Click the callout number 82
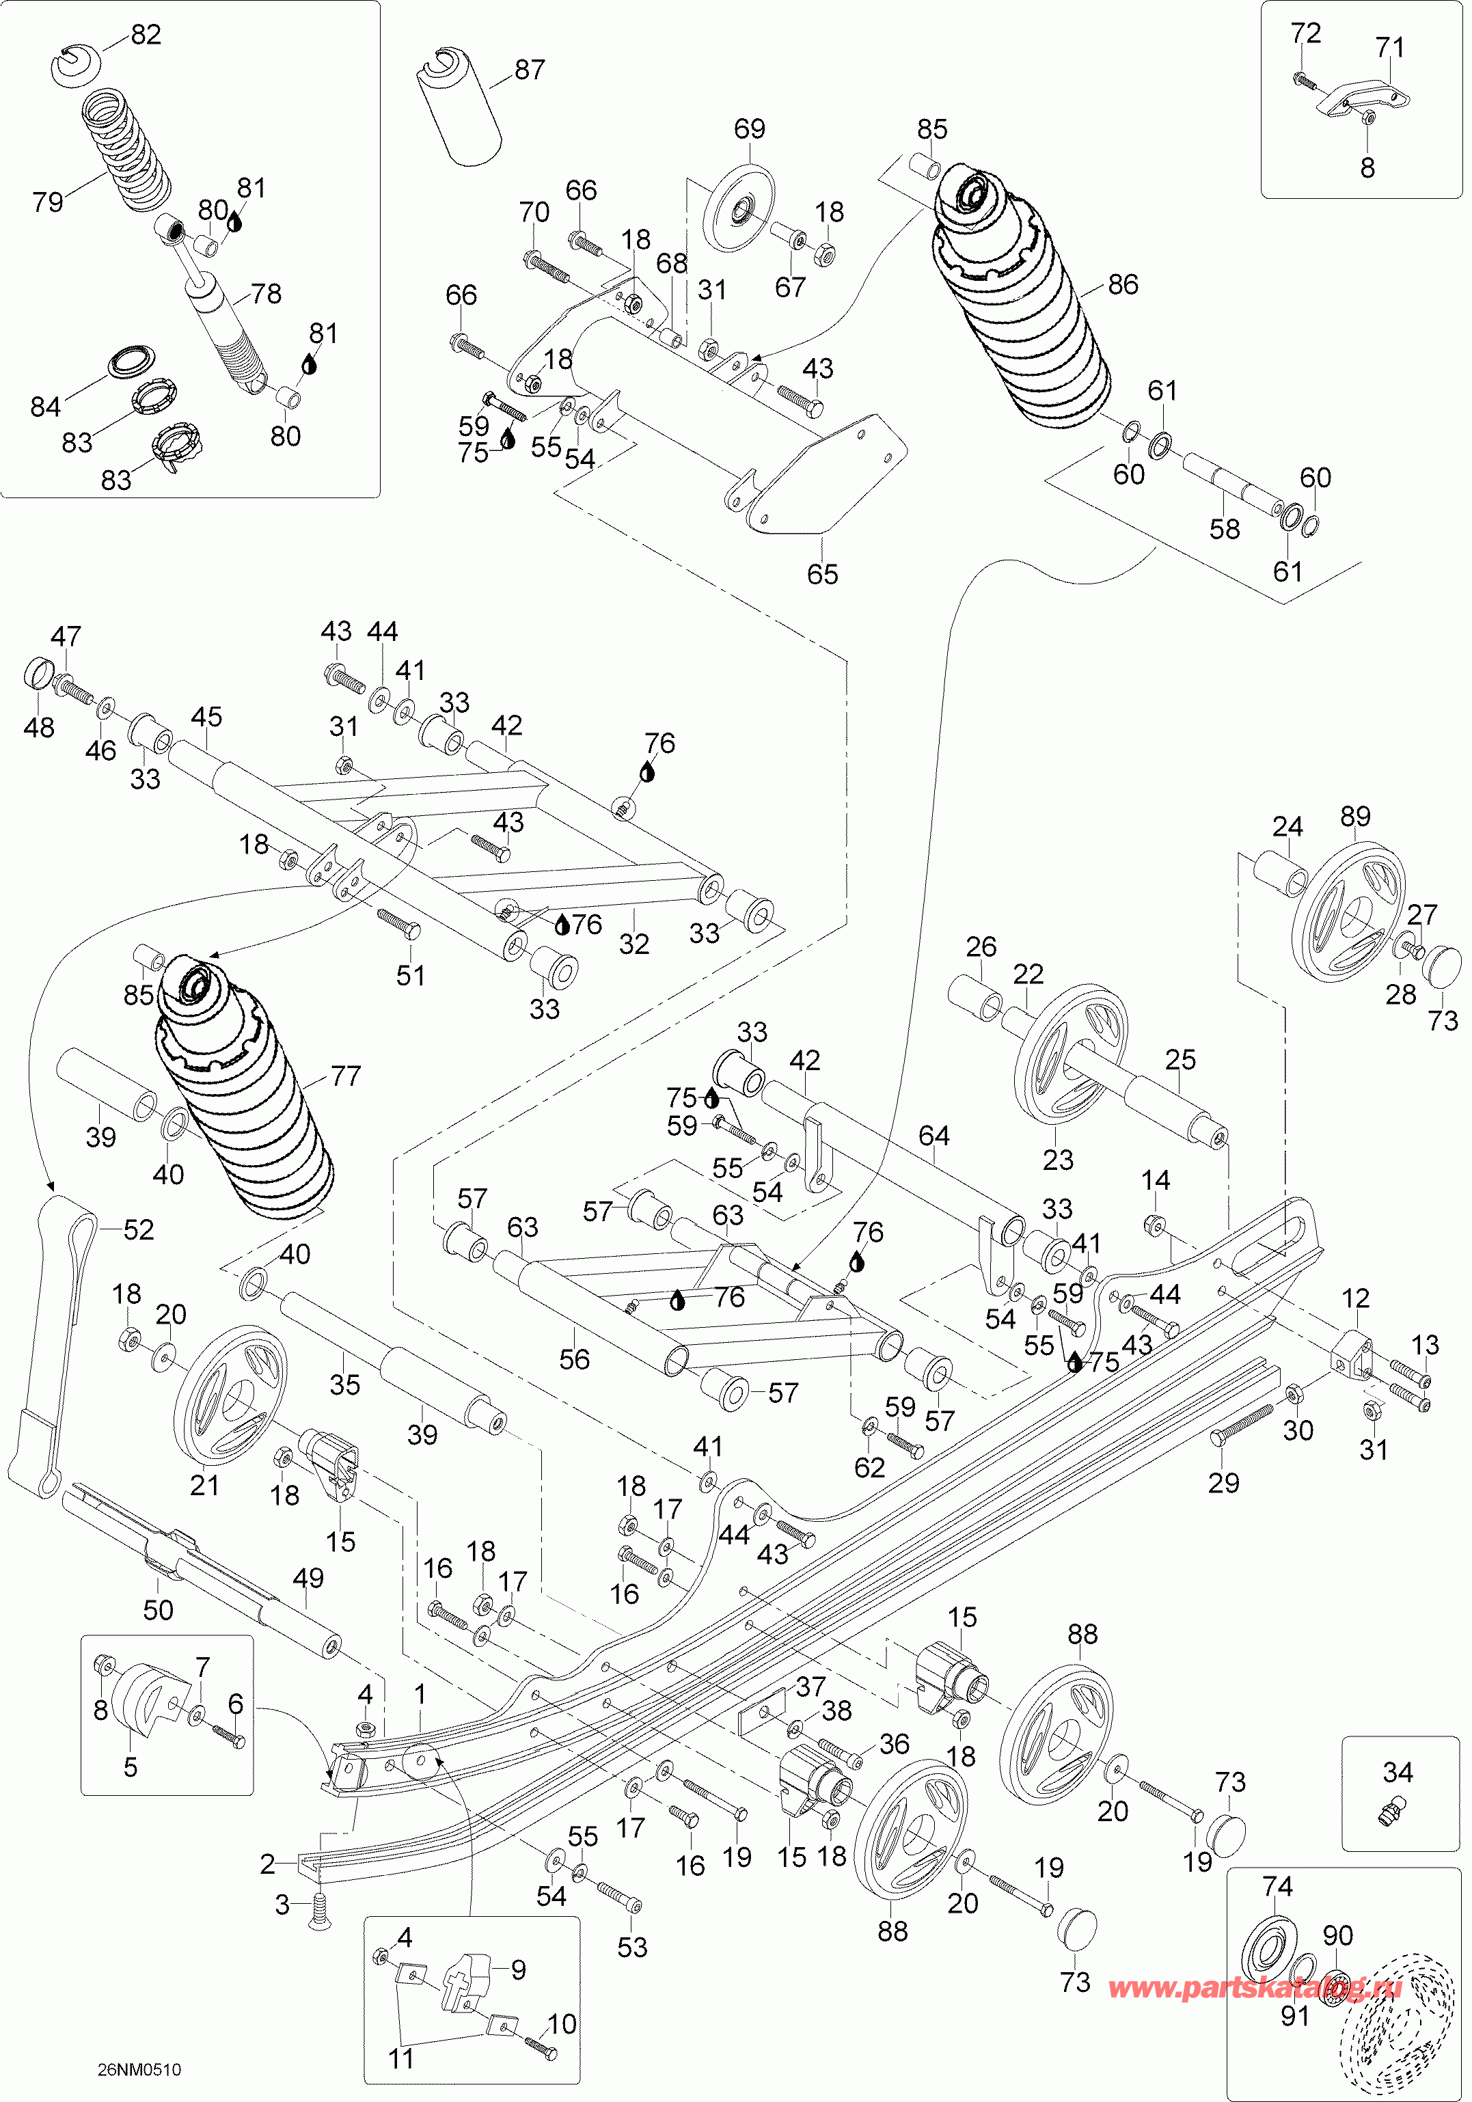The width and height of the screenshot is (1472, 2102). [x=146, y=34]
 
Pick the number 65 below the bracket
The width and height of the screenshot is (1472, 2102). [x=822, y=574]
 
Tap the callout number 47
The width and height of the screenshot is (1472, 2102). [x=66, y=636]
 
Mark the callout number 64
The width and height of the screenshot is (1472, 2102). [x=933, y=1136]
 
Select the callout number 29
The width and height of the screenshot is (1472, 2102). [x=1224, y=1483]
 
